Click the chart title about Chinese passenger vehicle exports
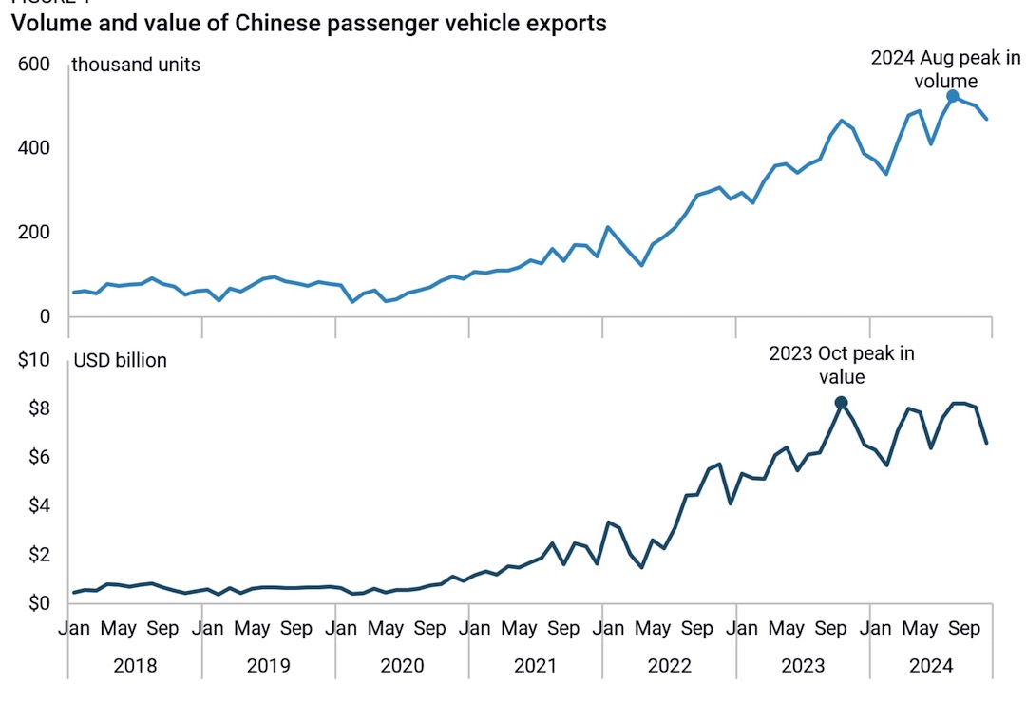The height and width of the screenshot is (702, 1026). coord(309,24)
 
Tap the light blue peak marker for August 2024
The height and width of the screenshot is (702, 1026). coord(953,96)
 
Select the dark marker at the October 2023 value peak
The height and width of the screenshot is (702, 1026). coord(841,403)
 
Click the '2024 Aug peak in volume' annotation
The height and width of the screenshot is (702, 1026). coord(945,69)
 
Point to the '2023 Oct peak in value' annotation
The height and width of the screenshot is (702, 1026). coord(842,365)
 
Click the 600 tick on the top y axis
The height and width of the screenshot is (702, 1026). coord(34,64)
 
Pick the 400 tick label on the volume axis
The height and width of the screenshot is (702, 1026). coord(34,148)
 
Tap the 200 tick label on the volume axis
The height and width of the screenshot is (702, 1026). coord(34,233)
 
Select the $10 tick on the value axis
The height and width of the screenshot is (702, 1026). coord(34,360)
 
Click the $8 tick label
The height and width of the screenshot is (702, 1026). coord(38,408)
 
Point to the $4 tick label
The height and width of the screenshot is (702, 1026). coord(38,505)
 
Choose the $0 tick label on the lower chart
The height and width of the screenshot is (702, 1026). coord(38,603)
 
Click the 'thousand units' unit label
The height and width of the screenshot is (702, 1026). coord(136,65)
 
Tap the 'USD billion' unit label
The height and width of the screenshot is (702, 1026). coord(120,360)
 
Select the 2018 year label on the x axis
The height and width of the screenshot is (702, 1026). coord(135,665)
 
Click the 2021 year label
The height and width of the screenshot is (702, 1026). coord(536,665)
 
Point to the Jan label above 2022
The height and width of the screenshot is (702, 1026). coord(607,628)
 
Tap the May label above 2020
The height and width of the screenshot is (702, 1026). coord(386,628)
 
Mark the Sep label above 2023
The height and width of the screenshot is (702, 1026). coord(831,628)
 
